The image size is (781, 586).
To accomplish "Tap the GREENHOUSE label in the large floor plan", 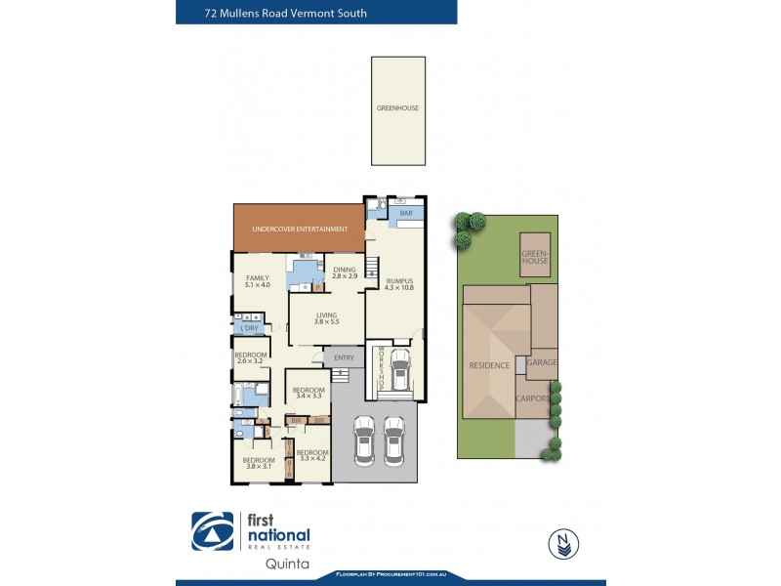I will [397, 108].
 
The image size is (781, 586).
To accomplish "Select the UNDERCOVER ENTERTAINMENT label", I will [300, 230].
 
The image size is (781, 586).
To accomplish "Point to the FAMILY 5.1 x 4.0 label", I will [258, 281].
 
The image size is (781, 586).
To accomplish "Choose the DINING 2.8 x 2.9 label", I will [345, 273].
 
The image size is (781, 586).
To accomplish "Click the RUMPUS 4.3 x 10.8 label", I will [399, 284].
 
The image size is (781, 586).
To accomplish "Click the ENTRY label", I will [344, 358].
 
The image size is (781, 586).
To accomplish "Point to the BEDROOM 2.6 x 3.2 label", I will [251, 357].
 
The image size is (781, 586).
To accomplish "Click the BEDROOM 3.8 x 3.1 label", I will [259, 463].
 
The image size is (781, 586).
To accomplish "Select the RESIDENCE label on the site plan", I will [489, 365].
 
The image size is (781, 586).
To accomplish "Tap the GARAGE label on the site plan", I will [542, 362].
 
